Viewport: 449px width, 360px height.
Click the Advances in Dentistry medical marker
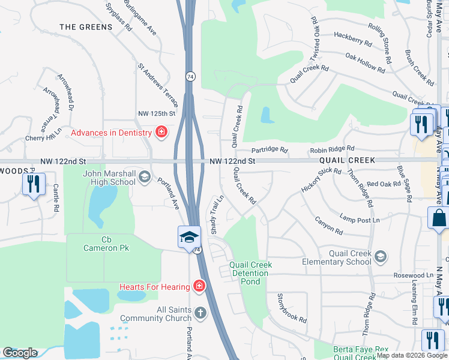pyautogui.click(x=161, y=132)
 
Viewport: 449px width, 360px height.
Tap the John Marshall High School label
pyautogui.click(x=109, y=178)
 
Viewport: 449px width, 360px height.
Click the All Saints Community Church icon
pyautogui.click(x=200, y=313)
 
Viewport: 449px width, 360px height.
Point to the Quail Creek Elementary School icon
pyautogui.click(x=379, y=257)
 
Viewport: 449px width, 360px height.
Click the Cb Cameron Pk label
pyautogui.click(x=107, y=244)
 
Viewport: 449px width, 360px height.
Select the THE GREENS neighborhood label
pyautogui.click(x=86, y=27)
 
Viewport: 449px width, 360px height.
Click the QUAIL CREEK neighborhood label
pyautogui.click(x=347, y=160)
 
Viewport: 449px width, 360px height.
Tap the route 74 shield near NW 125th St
pyautogui.click(x=190, y=77)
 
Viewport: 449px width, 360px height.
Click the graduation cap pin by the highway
pyautogui.click(x=189, y=237)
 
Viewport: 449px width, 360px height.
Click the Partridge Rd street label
pyautogui.click(x=270, y=150)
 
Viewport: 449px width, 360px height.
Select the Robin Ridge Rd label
pyautogui.click(x=332, y=148)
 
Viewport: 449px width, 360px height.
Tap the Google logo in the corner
pyautogui.click(x=20, y=353)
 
